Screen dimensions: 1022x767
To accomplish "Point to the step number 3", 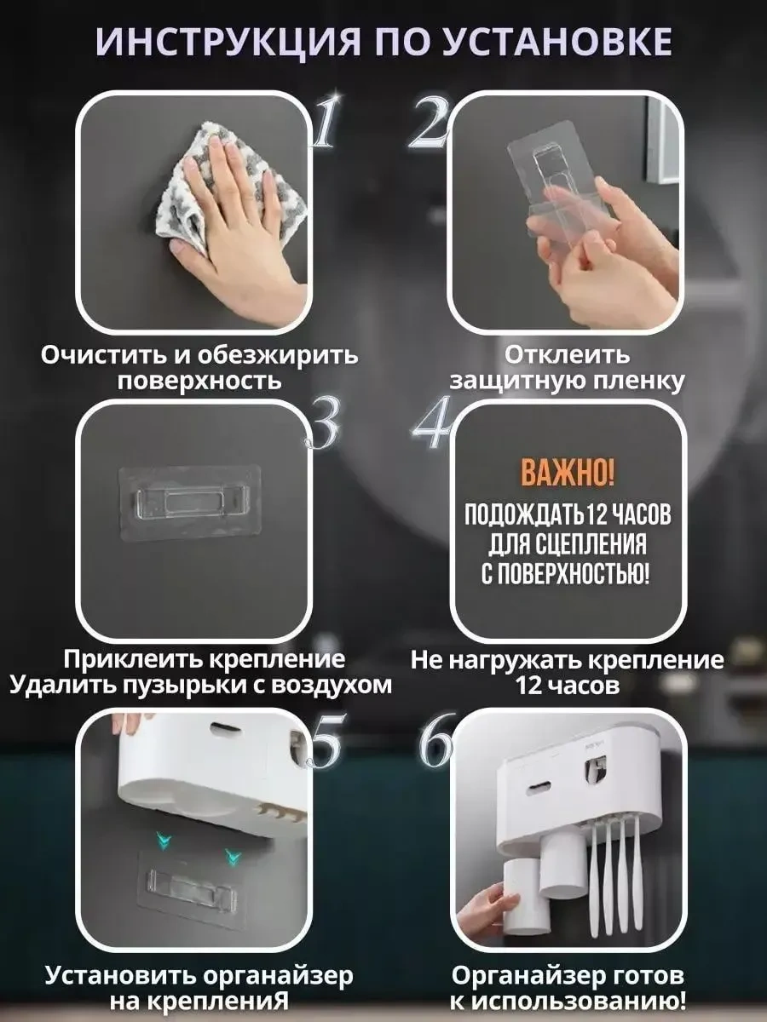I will (322, 427).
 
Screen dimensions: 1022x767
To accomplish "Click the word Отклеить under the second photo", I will (567, 354).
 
